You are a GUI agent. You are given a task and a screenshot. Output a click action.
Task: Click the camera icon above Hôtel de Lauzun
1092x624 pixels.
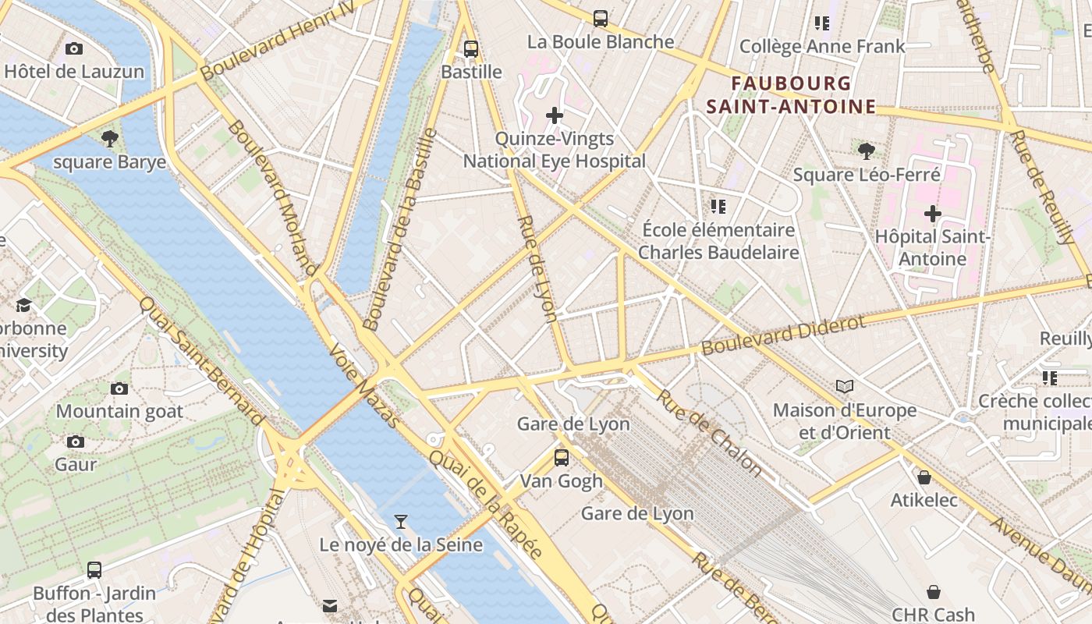point(74,49)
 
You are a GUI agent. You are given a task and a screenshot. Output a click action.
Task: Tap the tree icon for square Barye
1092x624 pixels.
point(110,139)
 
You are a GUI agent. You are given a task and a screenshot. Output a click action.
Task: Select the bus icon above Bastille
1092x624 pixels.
point(471,49)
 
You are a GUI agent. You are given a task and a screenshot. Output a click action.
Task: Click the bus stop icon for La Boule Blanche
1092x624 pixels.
point(600,19)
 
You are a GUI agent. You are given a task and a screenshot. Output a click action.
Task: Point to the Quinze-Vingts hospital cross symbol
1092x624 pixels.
point(555,116)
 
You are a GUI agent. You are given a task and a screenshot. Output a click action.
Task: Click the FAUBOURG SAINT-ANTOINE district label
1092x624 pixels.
point(791,94)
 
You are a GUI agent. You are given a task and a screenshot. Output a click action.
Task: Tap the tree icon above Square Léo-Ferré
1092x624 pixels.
point(866,151)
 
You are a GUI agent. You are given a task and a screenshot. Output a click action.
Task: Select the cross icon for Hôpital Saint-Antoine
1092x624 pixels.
point(932,213)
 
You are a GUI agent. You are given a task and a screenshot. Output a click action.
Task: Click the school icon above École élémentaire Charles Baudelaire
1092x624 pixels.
point(718,207)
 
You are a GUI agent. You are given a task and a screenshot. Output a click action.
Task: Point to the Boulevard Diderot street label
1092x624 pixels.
point(783,335)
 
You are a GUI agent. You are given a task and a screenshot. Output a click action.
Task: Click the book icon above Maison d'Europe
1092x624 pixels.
point(845,386)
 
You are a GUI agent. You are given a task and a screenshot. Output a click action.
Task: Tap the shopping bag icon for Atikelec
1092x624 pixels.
point(924,477)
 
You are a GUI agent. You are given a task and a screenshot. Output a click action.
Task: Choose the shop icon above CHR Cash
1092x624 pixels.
point(933,592)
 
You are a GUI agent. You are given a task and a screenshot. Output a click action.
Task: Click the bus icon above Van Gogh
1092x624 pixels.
point(562,458)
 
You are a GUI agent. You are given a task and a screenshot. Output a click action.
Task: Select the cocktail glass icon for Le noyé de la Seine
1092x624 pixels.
point(401,521)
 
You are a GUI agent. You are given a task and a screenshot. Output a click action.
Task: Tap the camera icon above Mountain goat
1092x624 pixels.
point(119,388)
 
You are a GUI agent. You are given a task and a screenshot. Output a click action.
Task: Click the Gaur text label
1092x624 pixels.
point(76,464)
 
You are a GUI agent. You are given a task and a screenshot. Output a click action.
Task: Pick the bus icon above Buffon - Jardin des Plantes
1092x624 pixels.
point(94,569)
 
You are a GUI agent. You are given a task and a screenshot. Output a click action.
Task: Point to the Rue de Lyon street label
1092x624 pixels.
point(537,268)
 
